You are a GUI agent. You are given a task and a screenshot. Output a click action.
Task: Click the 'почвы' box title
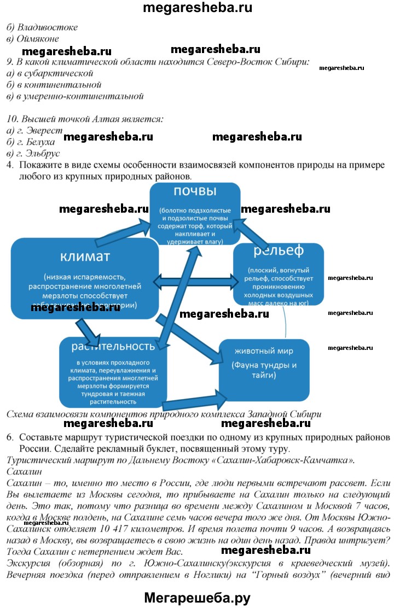pos(195,191)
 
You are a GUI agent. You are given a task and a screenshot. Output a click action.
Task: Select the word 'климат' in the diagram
pos(85,256)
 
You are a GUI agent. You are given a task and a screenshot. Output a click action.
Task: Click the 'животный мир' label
pos(264,350)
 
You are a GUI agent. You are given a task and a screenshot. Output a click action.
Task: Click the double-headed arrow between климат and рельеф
pos(195,282)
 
